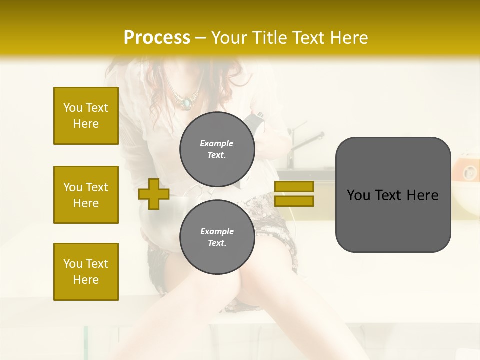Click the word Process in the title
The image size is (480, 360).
tap(157, 38)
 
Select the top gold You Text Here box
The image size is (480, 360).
tap(86, 116)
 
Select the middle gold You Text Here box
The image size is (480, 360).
tap(86, 195)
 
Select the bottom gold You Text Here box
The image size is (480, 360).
tap(86, 272)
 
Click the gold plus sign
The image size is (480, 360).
tap(154, 194)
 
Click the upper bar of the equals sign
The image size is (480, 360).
tap(294, 186)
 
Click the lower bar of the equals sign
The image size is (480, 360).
tap(294, 201)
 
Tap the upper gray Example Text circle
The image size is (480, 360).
tap(217, 149)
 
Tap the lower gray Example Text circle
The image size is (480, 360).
tap(217, 237)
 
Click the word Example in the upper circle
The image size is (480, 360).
tap(217, 143)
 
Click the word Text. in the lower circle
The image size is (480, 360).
tap(217, 243)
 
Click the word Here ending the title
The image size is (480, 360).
tap(350, 38)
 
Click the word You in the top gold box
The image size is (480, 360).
tap(73, 108)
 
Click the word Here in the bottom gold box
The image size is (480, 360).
tap(86, 280)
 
